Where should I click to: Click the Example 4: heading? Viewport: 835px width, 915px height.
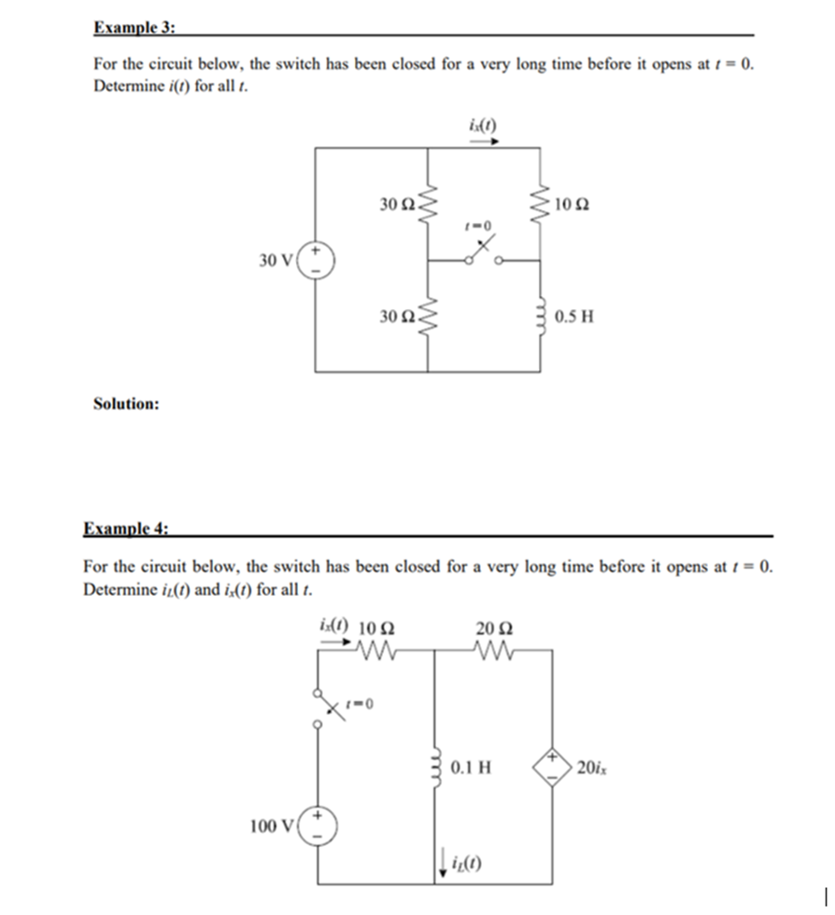tap(125, 528)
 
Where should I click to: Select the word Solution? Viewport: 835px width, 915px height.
tap(126, 404)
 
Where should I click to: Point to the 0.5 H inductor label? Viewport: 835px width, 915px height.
tap(574, 316)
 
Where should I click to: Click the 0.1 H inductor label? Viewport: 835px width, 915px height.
tap(471, 767)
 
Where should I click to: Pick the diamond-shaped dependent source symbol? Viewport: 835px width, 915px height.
tap(552, 767)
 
